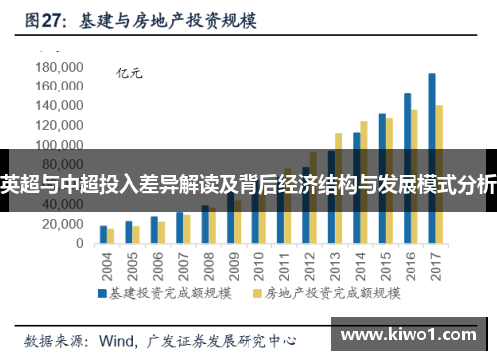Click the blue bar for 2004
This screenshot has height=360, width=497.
103,235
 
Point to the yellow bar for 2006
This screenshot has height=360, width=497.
162,233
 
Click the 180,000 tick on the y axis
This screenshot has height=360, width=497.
59,67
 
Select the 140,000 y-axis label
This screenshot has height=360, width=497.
59,106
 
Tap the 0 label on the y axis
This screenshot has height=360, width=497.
81,244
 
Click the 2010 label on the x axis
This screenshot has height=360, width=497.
257,266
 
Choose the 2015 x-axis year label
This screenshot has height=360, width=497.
384,266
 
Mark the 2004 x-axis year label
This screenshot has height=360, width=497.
106,266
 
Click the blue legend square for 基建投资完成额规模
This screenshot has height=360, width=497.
102,294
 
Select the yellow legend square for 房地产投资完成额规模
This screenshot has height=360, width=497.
258,294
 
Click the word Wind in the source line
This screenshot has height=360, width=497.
118,338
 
